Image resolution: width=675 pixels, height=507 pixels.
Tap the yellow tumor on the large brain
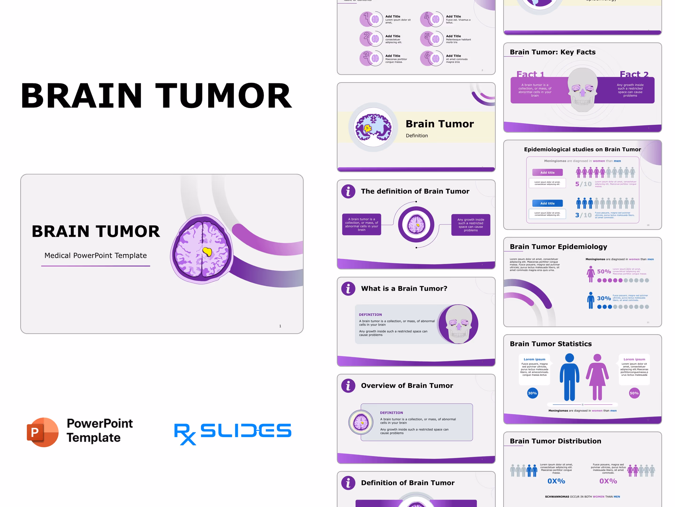tap(207, 252)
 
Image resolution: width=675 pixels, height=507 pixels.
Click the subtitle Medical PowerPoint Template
tap(96, 256)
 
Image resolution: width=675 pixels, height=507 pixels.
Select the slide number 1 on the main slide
tap(280, 326)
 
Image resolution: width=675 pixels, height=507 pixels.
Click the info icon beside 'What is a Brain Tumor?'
tap(348, 288)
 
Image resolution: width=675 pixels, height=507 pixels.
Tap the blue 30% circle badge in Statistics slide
tap(533, 393)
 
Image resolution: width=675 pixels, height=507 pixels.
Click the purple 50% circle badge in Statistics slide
tap(634, 393)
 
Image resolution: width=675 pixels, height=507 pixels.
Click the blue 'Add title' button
tap(547, 203)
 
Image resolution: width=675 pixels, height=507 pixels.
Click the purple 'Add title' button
tap(547, 172)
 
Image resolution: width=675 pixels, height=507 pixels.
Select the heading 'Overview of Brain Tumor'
tap(407, 385)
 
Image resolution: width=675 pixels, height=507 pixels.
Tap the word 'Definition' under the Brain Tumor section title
tap(417, 136)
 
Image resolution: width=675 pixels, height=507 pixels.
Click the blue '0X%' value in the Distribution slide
tap(556, 481)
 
